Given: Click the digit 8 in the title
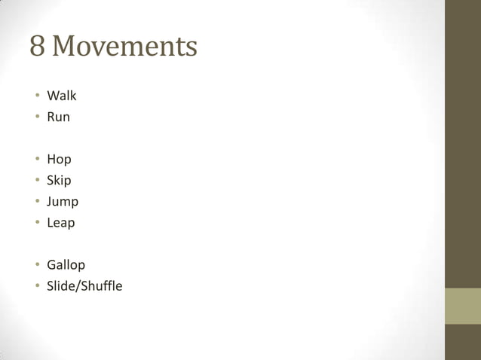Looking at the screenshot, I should click(x=38, y=47).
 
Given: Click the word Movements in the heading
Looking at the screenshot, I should click(x=125, y=47).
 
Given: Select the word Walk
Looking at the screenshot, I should click(x=62, y=96).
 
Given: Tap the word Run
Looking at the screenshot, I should click(x=58, y=117).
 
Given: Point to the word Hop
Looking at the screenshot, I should click(x=59, y=160).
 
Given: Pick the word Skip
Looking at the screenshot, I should click(x=59, y=181).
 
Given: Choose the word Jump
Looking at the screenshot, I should click(x=63, y=202).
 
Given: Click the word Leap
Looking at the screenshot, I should click(x=61, y=223).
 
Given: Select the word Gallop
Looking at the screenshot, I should click(x=66, y=265).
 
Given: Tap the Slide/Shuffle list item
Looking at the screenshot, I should click(x=84, y=286).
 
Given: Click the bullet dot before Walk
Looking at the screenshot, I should click(x=35, y=96).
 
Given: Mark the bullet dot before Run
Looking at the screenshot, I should click(x=35, y=117).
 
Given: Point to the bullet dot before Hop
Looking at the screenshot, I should click(x=35, y=160).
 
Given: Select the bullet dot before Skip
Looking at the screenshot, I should click(x=35, y=181).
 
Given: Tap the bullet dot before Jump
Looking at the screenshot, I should click(x=35, y=202).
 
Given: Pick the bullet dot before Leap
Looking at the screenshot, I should click(x=35, y=223).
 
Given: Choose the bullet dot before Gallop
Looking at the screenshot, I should click(x=35, y=265).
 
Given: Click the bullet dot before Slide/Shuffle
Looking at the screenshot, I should click(x=35, y=286).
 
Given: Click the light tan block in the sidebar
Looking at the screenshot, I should click(x=463, y=306).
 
